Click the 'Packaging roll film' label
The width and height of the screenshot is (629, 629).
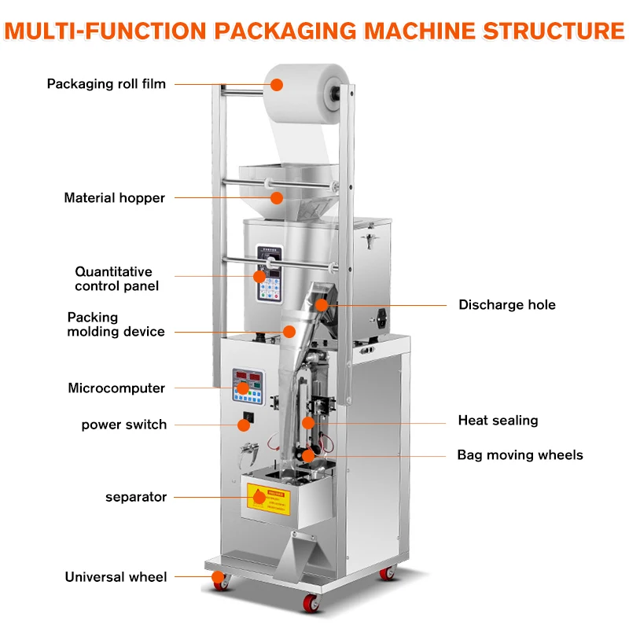(106, 83)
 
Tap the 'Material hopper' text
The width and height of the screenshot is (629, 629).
(115, 198)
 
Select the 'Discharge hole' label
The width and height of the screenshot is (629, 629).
(506, 304)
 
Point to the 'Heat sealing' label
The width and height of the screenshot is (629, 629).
(498, 421)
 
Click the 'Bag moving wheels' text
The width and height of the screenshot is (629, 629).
(520, 455)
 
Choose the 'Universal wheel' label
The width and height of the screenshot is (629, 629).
(116, 577)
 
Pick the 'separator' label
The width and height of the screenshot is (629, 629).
(136, 497)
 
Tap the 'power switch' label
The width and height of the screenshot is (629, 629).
(124, 425)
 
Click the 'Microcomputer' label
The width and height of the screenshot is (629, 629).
(116, 388)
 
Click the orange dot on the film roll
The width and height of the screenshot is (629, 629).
(277, 84)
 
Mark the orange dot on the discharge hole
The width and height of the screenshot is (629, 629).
(321, 304)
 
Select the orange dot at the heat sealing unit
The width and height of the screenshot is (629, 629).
(308, 422)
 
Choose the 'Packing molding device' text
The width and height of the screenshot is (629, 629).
(116, 325)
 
